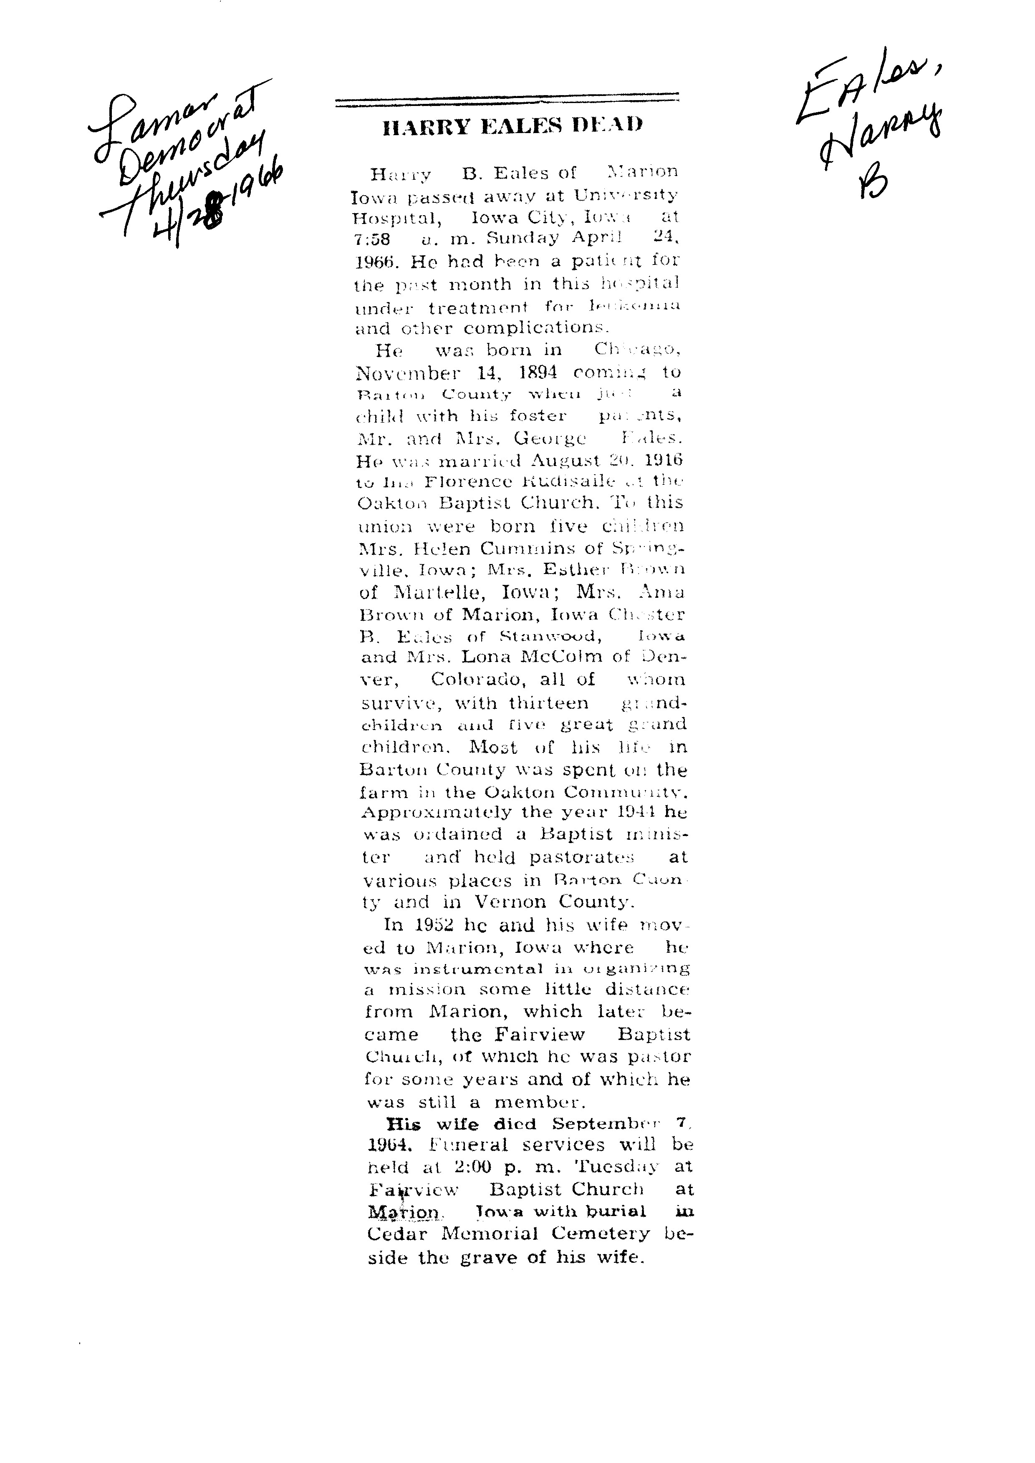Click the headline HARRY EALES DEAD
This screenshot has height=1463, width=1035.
pyautogui.click(x=512, y=125)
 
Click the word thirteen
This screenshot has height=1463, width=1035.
pyautogui.click(x=549, y=703)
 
